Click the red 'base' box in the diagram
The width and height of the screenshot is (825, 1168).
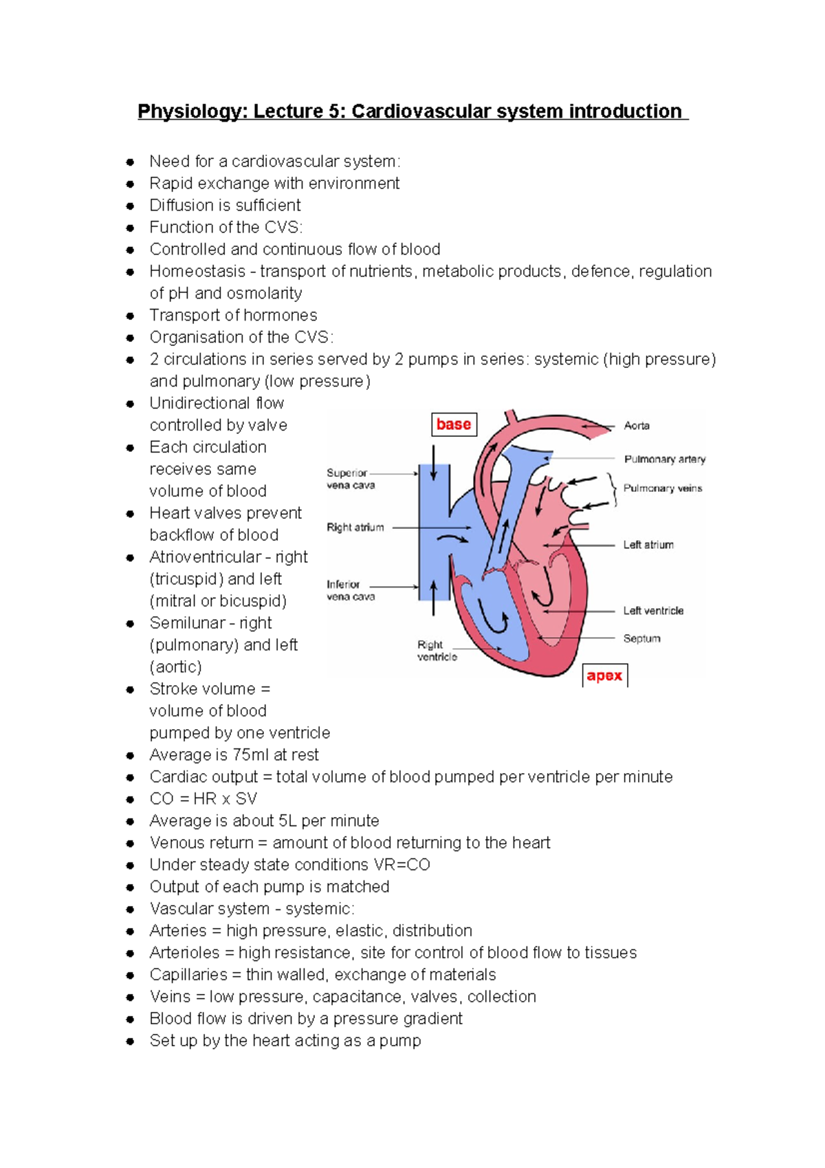[x=454, y=424]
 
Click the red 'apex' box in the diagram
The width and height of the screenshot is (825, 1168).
[x=604, y=675]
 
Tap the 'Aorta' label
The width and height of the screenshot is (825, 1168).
[x=637, y=426]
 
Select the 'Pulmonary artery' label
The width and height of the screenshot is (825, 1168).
[x=664, y=459]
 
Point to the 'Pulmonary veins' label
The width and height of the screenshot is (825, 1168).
[x=662, y=488]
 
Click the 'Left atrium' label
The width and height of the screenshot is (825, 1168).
[x=648, y=545]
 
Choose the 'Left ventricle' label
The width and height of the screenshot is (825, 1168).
[x=653, y=611]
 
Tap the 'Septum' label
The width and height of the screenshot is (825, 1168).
[x=641, y=638]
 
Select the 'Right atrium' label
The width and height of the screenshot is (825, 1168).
[x=355, y=528]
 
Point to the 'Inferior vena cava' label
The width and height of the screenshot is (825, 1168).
[x=351, y=590]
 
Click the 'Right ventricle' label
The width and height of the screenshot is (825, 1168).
[x=437, y=651]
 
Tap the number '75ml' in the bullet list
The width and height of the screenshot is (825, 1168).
[x=251, y=755]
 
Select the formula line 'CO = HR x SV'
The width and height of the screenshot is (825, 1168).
[x=203, y=799]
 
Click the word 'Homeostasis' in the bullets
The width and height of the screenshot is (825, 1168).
[x=197, y=271]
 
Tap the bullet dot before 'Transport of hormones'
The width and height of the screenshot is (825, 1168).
[x=130, y=316]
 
